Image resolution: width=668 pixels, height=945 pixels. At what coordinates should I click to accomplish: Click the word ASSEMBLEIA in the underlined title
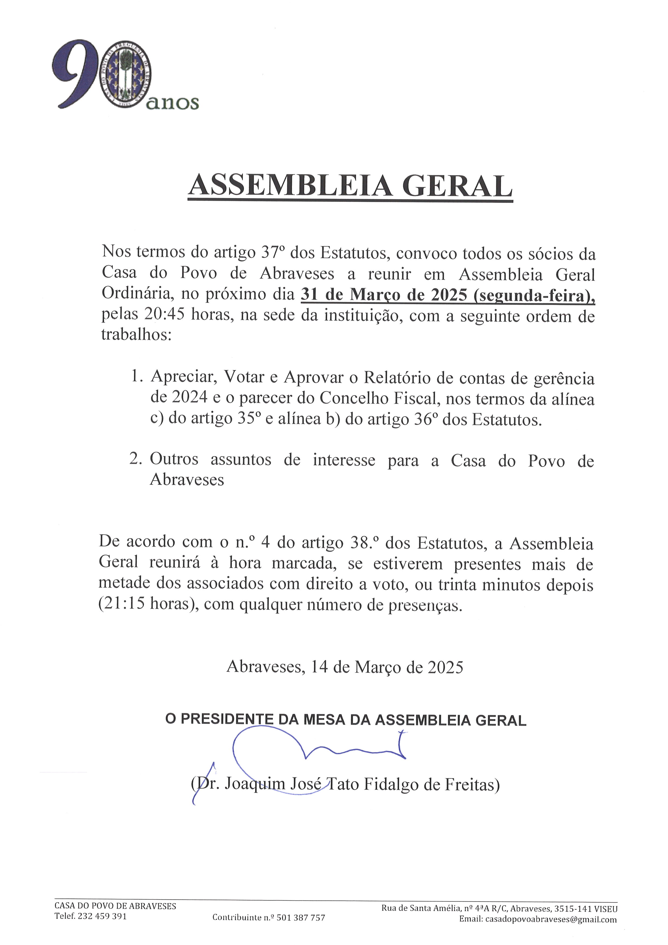coord(290,186)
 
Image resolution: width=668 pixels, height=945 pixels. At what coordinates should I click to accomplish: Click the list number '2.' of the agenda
coord(136,459)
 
